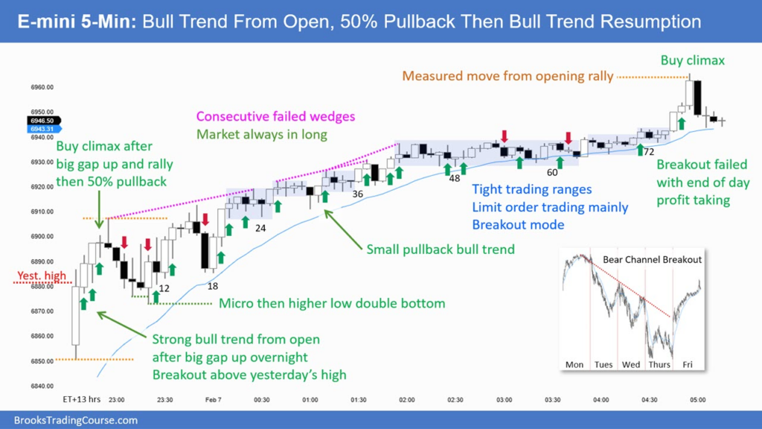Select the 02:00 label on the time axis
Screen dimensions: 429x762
pos(407,400)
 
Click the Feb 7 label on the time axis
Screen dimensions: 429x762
pos(214,400)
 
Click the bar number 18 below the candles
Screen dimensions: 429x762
pos(213,287)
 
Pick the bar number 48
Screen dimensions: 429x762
pos(454,178)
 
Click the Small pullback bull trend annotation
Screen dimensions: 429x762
pos(441,249)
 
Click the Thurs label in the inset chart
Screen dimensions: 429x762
pos(660,364)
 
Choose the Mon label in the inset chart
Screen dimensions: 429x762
pos(574,364)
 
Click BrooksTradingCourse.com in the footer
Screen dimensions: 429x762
pos(75,420)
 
